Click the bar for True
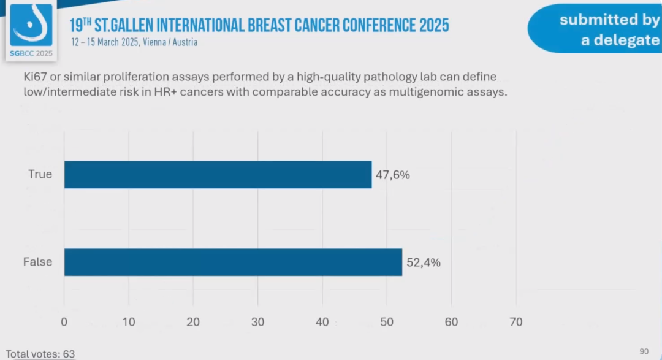218,175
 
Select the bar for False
233,262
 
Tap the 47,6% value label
393,175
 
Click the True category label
40,174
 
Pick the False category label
37,262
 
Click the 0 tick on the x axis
64,321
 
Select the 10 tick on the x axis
128,321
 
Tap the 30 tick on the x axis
257,321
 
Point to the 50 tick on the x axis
387,321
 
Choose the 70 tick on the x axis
516,321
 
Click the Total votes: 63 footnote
40,354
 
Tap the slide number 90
644,351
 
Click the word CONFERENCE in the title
369,25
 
